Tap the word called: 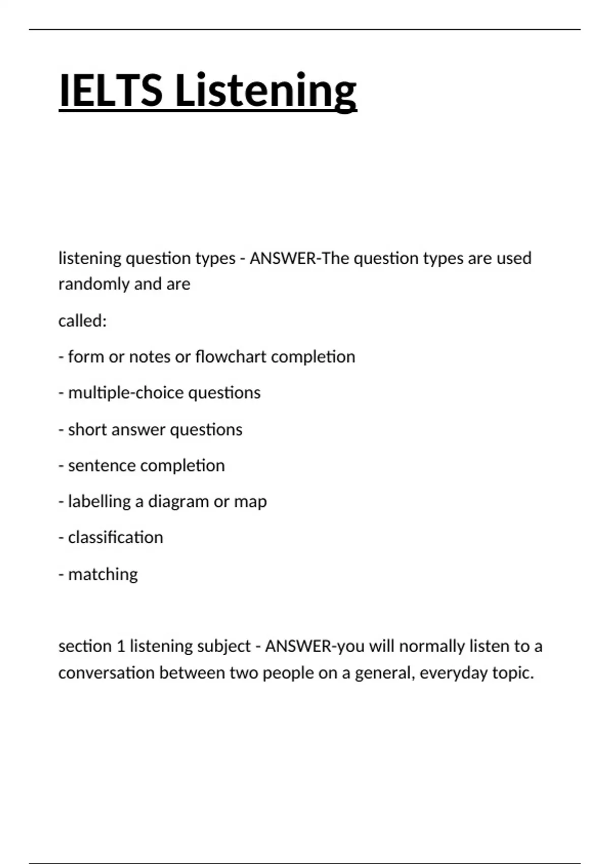click(x=82, y=321)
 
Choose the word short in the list click(x=87, y=429)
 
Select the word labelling click(x=99, y=502)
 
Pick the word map click(x=250, y=502)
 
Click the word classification click(x=115, y=537)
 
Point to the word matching click(x=103, y=574)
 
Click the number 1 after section click(x=120, y=646)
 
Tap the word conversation click(x=106, y=673)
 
